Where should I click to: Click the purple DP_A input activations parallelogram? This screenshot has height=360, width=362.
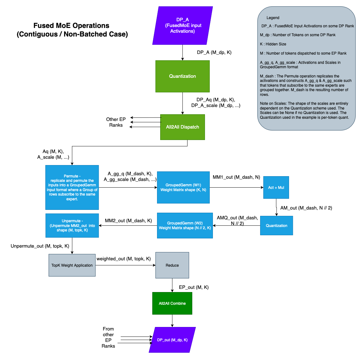182,25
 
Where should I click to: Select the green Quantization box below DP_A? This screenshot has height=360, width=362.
182,76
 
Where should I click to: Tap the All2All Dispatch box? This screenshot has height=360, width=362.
182,127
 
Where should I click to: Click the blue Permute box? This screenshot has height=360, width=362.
72,187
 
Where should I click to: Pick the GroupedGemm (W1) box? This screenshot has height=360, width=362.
183,187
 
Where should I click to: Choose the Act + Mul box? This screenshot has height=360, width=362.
276,187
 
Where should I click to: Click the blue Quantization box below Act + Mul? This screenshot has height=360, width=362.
276,225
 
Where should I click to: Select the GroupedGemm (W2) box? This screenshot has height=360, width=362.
185,225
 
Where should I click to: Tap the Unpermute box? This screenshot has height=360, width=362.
72,225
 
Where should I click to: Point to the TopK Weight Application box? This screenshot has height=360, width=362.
72,265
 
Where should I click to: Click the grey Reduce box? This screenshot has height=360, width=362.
172,265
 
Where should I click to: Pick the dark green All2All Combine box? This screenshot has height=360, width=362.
172,303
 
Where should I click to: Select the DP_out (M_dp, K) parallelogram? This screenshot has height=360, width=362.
172,340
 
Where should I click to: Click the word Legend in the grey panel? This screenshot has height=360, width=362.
273,18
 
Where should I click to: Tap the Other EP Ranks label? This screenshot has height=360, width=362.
116,122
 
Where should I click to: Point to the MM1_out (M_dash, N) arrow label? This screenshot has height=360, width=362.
236,177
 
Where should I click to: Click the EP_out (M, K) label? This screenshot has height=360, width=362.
194,287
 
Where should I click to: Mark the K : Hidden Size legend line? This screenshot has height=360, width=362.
273,44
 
